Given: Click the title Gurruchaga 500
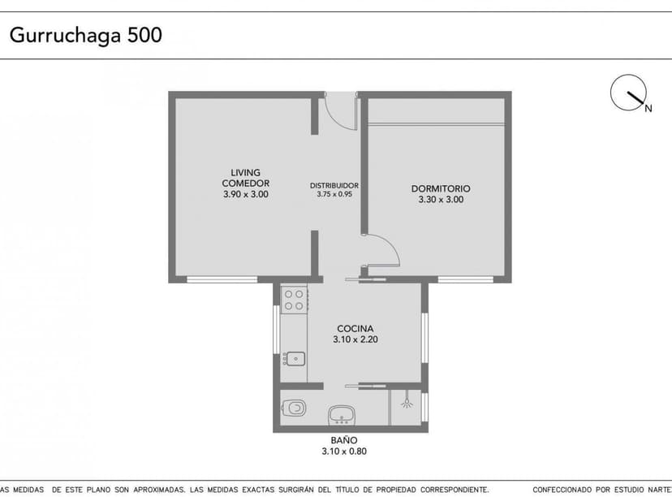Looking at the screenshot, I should point(85,36).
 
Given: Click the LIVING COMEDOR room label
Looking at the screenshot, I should point(245,178).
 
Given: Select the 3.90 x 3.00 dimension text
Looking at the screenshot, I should point(245,195).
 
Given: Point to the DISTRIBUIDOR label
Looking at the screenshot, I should point(334,185).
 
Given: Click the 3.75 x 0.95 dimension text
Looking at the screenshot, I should point(334,195).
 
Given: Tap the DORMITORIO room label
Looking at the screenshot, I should point(441,188).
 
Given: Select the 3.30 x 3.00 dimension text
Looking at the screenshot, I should point(441,200).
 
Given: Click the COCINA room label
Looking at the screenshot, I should point(355,330).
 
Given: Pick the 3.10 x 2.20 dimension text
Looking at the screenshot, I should point(355,341).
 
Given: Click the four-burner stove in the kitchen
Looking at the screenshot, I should point(294,299).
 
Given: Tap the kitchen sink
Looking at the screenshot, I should point(294,357).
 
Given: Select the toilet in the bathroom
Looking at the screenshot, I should point(294,408).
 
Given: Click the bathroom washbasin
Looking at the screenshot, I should point(342,415).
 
